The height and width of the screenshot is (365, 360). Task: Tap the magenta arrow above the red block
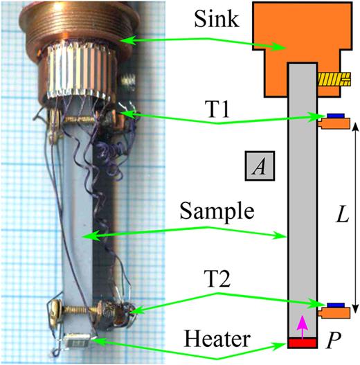click(300, 323)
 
